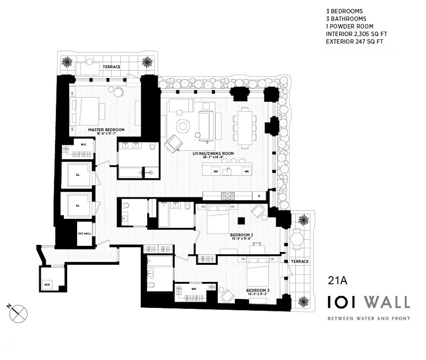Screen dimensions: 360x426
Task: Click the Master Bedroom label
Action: click(106, 130)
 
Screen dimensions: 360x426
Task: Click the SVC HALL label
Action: click(84, 234)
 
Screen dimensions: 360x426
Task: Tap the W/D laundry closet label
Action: click(47, 285)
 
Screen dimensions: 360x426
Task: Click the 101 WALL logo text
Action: click(368, 302)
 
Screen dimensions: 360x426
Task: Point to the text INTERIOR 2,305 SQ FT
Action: click(356, 34)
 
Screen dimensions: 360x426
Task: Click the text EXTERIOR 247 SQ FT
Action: click(355, 42)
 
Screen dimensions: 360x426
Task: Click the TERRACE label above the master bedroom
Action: click(112, 67)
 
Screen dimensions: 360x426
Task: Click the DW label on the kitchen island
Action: click(216, 172)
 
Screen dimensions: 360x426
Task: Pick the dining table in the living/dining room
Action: click(245, 127)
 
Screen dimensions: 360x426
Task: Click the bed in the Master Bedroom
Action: click(87, 110)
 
